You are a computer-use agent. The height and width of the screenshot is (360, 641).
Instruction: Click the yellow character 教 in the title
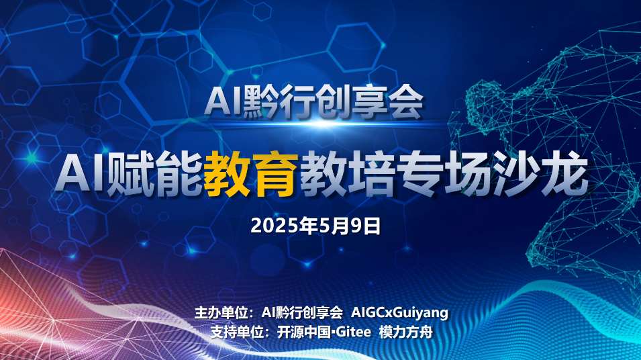point(228,174)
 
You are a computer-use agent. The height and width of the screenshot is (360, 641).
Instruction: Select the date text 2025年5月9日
point(315,226)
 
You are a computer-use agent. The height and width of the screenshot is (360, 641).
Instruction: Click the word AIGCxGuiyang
point(399,312)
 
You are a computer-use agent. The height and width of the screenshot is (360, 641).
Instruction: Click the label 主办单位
point(221,312)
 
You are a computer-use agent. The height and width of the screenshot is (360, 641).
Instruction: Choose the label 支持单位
point(237,332)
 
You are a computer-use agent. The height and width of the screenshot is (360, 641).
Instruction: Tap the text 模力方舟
point(406,332)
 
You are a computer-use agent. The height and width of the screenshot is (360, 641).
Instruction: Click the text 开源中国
point(304,332)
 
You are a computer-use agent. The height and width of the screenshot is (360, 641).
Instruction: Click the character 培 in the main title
point(372,174)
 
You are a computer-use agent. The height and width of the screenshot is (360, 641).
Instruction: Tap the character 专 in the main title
point(420,174)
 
